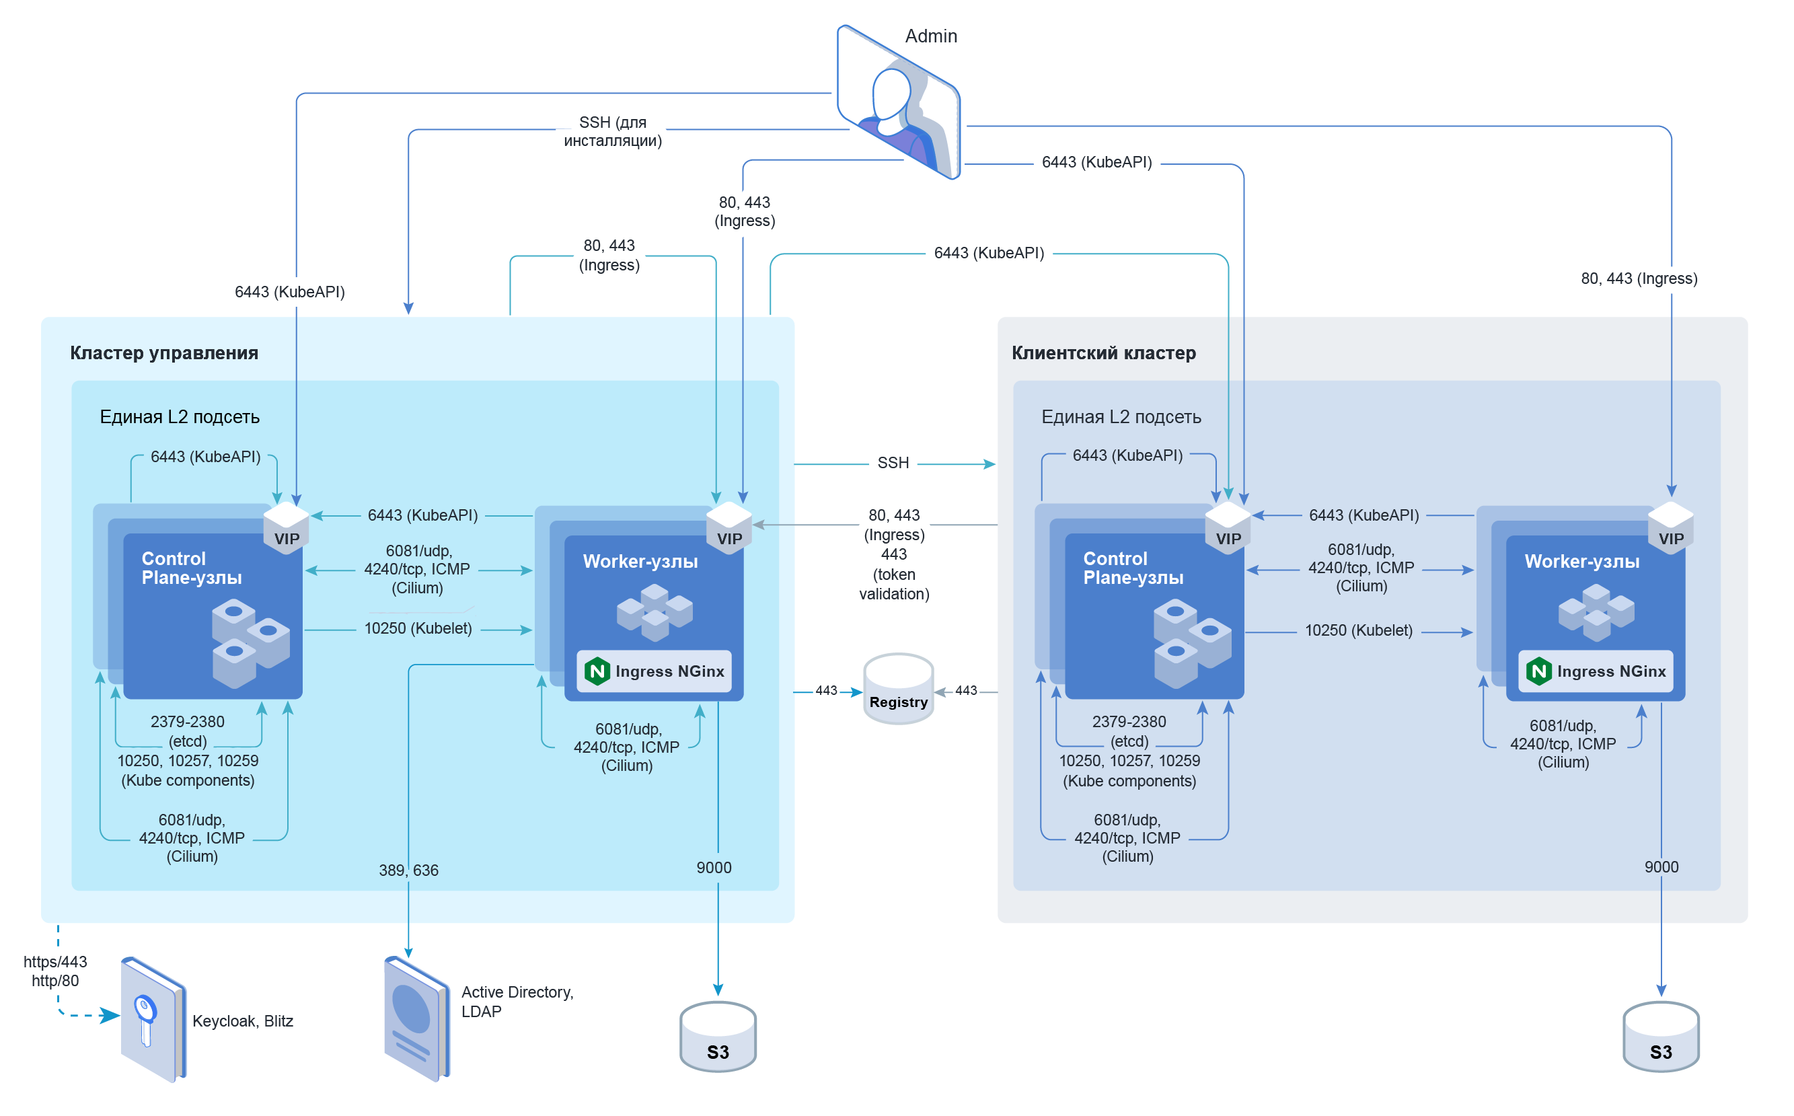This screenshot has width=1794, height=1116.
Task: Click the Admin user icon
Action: tap(898, 104)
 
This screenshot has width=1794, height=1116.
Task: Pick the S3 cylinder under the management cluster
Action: tap(717, 1037)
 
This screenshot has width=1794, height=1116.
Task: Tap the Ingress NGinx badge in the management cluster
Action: tap(655, 671)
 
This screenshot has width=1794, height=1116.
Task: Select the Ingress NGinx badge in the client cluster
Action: tap(1596, 671)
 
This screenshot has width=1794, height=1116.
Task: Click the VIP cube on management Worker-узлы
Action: tap(729, 526)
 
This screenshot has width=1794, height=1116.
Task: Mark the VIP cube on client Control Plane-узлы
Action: tap(1228, 526)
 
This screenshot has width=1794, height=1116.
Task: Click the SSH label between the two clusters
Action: tap(893, 463)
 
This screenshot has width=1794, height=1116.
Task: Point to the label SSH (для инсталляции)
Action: tap(613, 131)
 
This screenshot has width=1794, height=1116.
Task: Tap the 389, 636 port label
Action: tap(408, 870)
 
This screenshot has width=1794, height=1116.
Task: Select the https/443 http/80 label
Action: tap(54, 971)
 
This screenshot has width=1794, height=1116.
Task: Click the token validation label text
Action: tap(894, 584)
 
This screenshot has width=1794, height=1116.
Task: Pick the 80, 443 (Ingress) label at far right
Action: tap(1639, 278)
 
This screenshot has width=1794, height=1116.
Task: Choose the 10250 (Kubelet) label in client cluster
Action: tap(1358, 630)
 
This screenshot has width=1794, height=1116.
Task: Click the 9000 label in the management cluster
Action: tap(714, 867)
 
